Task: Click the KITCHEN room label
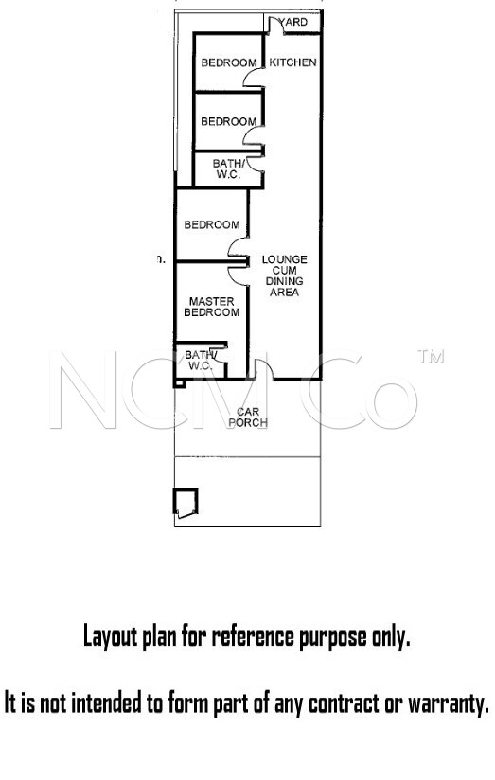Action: [x=292, y=62]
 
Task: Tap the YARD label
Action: [x=293, y=22]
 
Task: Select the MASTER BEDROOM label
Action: [x=211, y=307]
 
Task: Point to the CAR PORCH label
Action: [x=248, y=417]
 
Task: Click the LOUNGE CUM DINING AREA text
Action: [x=285, y=275]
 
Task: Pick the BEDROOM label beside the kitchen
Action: [x=229, y=62]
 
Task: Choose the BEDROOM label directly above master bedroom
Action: [x=212, y=225]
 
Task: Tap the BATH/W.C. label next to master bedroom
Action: [x=201, y=360]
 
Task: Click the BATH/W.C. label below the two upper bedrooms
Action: [x=228, y=169]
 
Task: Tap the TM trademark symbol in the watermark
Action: [x=431, y=357]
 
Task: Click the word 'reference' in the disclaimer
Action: [x=254, y=636]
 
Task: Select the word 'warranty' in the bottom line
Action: [x=449, y=703]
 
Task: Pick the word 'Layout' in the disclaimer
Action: [x=110, y=637]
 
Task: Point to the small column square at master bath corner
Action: [x=179, y=383]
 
